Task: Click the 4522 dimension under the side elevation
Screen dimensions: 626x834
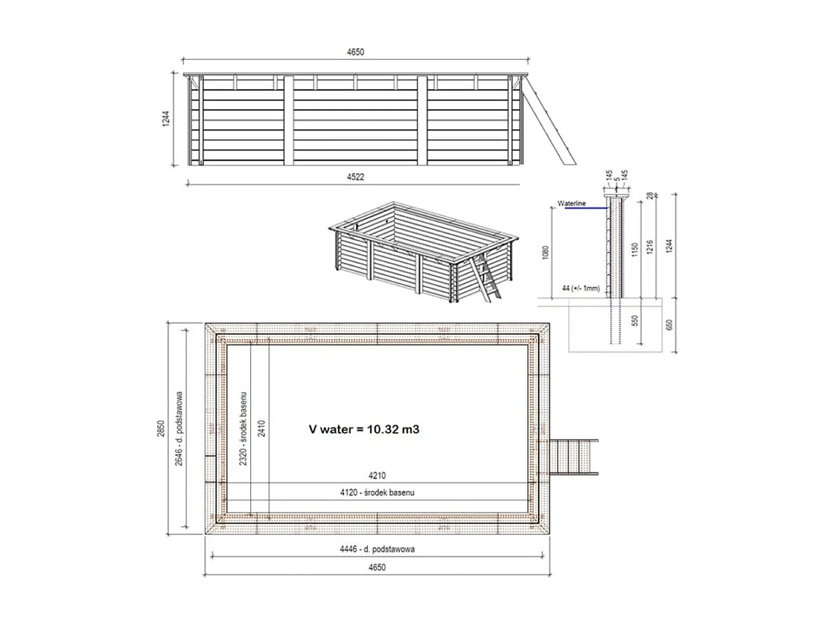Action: (355, 177)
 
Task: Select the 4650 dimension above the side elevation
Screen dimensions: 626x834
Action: (355, 52)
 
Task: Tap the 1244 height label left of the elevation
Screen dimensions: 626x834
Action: (166, 119)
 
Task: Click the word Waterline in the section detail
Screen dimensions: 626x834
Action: (572, 204)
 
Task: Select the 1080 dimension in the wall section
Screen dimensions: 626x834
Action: (545, 252)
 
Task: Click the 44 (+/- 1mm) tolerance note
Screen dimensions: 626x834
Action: (580, 288)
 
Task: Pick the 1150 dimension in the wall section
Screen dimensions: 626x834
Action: (634, 249)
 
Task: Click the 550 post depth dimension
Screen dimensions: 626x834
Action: (635, 321)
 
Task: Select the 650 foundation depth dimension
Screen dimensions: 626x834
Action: (669, 324)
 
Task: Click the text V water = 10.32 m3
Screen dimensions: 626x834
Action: (364, 429)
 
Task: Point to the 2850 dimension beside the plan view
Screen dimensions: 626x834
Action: (161, 428)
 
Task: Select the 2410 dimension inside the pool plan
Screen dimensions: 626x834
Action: (262, 428)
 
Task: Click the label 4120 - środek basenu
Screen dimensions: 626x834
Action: (377, 492)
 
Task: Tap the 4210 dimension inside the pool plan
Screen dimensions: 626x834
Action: (377, 476)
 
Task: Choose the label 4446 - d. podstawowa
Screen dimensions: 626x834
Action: (377, 549)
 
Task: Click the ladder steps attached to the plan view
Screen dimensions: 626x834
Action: (573, 457)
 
